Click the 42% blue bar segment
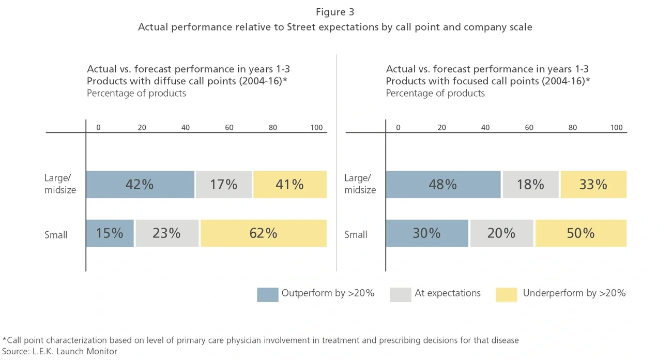click(x=140, y=185)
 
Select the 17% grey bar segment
click(x=224, y=185)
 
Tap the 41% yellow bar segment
click(x=290, y=185)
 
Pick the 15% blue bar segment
click(x=110, y=233)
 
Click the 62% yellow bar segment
click(x=264, y=233)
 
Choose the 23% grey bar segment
click(x=167, y=233)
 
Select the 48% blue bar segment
click(x=443, y=185)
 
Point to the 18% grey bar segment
click(x=530, y=185)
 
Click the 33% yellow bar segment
click(x=593, y=185)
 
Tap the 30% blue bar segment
click(x=427, y=233)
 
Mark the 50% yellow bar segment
click(x=581, y=233)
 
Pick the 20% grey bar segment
click(x=501, y=233)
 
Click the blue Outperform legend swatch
click(x=267, y=294)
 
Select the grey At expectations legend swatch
click(x=401, y=294)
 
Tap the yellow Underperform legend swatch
click(x=506, y=294)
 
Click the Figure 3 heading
click(x=335, y=12)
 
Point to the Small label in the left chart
click(x=56, y=235)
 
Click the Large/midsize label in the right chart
click(x=360, y=184)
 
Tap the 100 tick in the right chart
click(x=616, y=128)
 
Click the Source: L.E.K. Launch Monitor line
click(x=60, y=352)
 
